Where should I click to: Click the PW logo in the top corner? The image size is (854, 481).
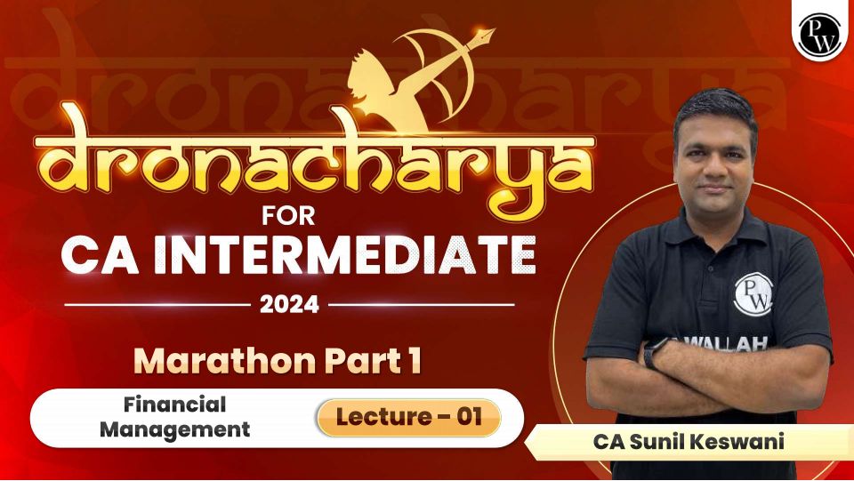pos(819,36)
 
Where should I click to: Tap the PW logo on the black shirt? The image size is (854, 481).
pos(753,294)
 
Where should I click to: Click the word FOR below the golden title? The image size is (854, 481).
pos(288,216)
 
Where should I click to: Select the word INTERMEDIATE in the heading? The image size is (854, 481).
pos(345,254)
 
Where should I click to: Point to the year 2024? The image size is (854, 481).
pos(289,304)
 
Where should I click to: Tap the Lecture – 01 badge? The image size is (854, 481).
pos(409,417)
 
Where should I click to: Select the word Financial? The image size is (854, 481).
pos(175,405)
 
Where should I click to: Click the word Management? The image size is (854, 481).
pos(175,429)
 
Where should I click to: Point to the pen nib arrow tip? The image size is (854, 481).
pos(487,34)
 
